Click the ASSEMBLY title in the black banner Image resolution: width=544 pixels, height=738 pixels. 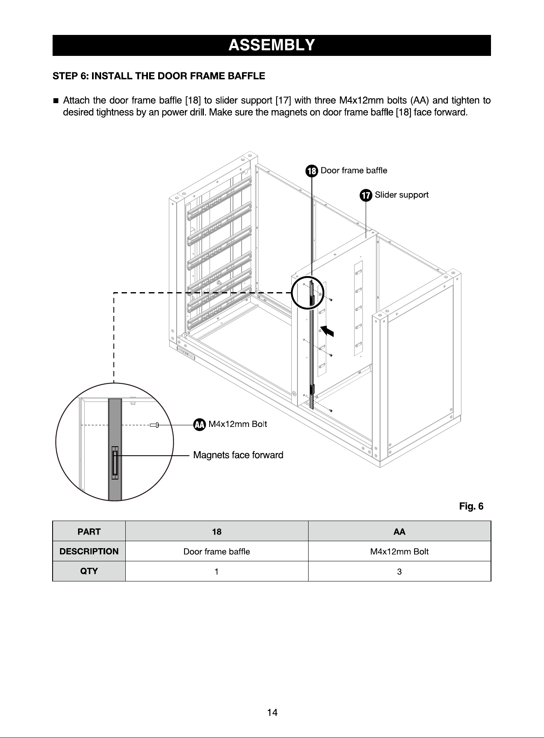pyautogui.click(x=272, y=45)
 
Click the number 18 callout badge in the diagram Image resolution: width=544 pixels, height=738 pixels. pyautogui.click(x=312, y=171)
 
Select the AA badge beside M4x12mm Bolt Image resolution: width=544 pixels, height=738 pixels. pyautogui.click(x=200, y=424)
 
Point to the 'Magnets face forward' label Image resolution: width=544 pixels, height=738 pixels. pyautogui.click(x=238, y=455)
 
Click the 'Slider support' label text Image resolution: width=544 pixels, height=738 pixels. pyautogui.click(x=402, y=195)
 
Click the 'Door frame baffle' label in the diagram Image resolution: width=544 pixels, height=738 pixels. pyautogui.click(x=354, y=170)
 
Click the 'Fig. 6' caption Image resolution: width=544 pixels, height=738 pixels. pyautogui.click(x=471, y=506)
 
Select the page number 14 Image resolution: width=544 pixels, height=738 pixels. pyautogui.click(x=272, y=713)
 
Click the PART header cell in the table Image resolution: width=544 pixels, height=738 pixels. pyautogui.click(x=89, y=532)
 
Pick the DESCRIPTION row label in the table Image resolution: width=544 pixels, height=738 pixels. pyautogui.click(x=89, y=551)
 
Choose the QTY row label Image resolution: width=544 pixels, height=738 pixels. pyautogui.click(x=89, y=571)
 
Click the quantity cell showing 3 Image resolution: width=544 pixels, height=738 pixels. pyautogui.click(x=399, y=571)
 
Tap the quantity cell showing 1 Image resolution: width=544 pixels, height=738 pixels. pyautogui.click(x=217, y=571)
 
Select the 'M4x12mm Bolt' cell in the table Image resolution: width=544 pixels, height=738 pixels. pyautogui.click(x=399, y=551)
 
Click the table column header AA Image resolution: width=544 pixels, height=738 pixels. pyautogui.click(x=399, y=532)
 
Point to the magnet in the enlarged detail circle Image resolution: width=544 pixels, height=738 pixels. pyautogui.click(x=115, y=463)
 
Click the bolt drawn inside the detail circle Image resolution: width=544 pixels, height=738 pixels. pyautogui.click(x=155, y=425)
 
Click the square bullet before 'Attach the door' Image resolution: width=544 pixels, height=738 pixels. pyautogui.click(x=55, y=101)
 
